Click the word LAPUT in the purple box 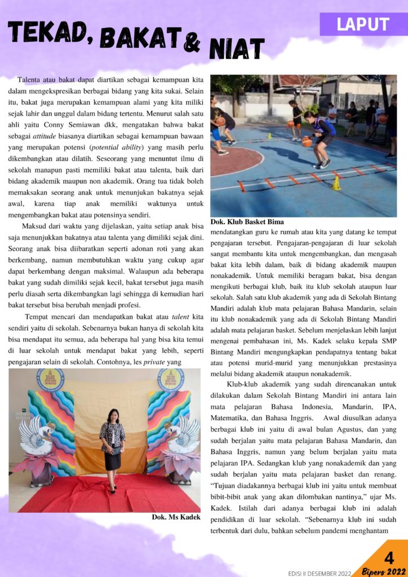click(x=363, y=24)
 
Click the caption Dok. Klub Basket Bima click(x=247, y=221)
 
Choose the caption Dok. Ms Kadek click(x=176, y=517)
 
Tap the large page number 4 click(x=389, y=558)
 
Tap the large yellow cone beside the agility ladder click(x=336, y=184)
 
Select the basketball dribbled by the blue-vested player click(x=307, y=142)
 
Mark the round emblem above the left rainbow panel click(x=50, y=379)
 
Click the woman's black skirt click(x=112, y=459)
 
